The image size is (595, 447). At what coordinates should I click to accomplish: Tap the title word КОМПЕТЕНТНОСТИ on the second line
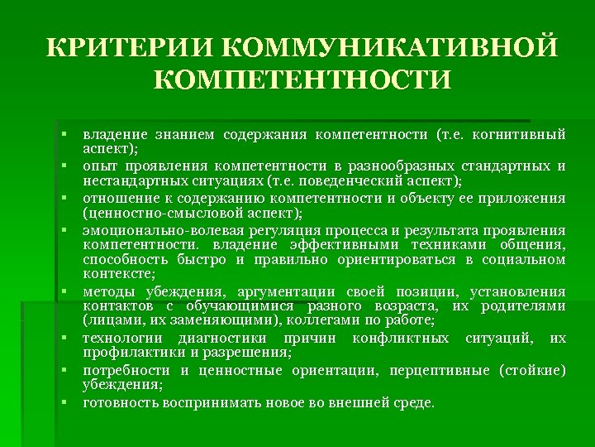click(302, 80)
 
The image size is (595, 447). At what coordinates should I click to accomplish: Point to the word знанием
click(187, 133)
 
